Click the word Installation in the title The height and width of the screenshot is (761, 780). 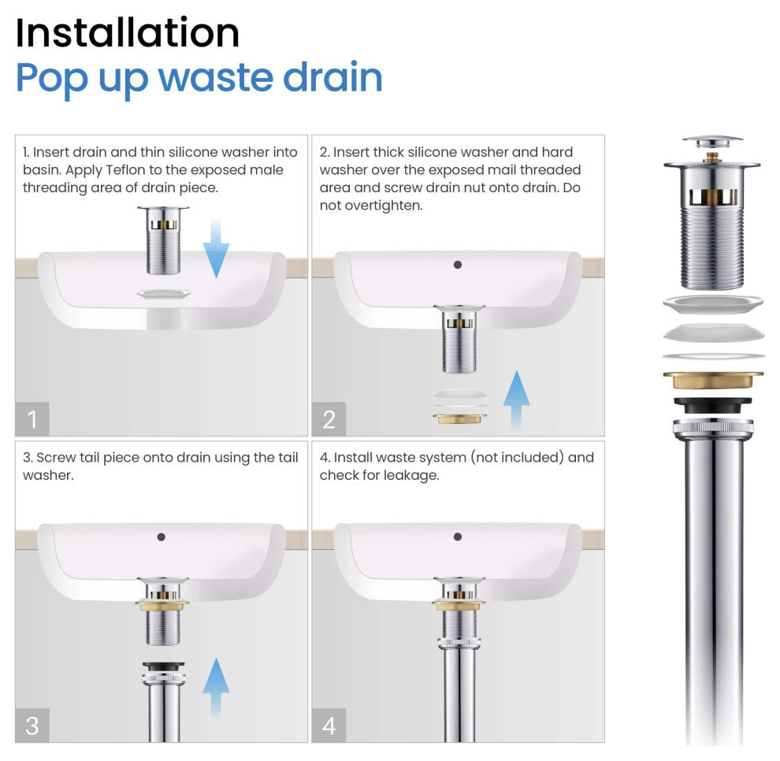click(x=128, y=33)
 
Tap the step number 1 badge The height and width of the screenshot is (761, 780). click(x=32, y=419)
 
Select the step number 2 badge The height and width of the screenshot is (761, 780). click(x=329, y=419)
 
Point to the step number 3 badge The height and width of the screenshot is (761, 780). click(x=32, y=726)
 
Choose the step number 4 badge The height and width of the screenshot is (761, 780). click(x=329, y=726)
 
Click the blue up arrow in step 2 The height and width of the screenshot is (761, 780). click(x=516, y=399)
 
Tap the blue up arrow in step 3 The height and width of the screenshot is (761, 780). click(x=216, y=686)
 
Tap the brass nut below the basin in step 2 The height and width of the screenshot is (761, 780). click(x=459, y=419)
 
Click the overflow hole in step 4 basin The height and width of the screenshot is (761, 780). click(x=458, y=536)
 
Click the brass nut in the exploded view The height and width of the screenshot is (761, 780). click(x=713, y=380)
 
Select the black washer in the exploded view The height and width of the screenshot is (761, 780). click(x=713, y=405)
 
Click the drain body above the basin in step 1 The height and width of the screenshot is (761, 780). click(x=163, y=240)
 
